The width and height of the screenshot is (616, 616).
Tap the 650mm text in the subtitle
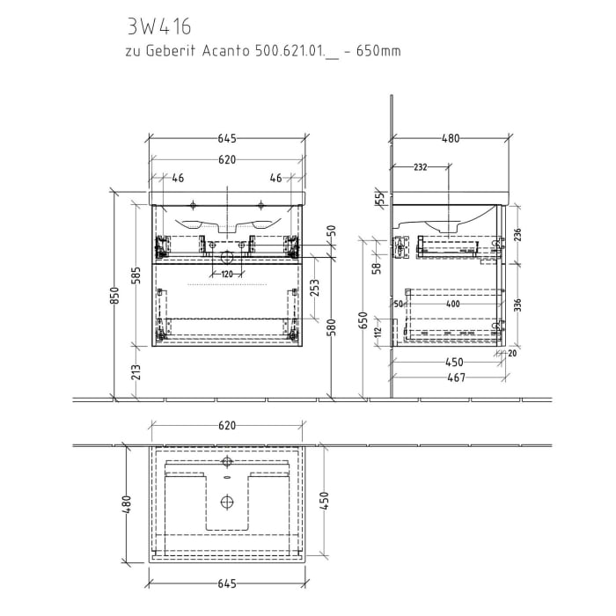[x=380, y=51]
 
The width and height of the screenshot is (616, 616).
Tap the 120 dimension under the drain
[x=226, y=274]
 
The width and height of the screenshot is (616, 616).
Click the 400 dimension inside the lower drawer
[x=452, y=304]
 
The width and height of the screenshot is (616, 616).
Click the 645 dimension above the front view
[x=226, y=138]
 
